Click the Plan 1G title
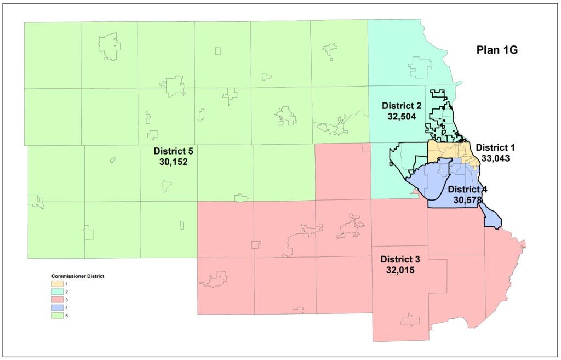click(496, 50)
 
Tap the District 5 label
click(174, 151)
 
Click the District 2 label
click(402, 106)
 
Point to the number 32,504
click(402, 116)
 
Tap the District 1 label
click(496, 147)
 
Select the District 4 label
click(467, 190)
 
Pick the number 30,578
click(467, 200)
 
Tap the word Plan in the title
click(487, 50)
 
